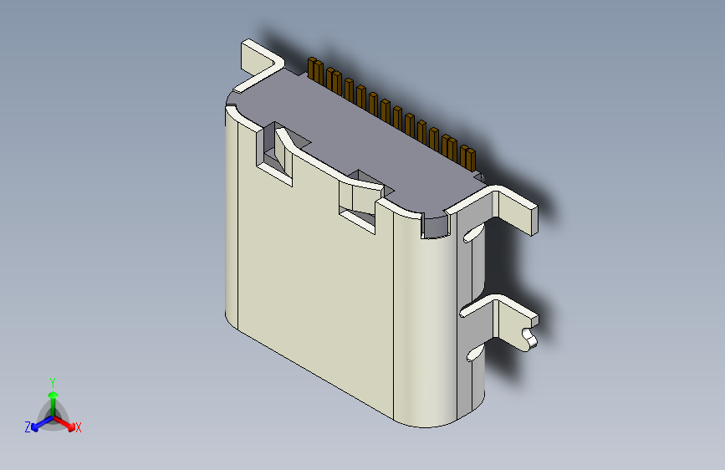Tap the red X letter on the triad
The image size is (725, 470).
pyautogui.click(x=79, y=427)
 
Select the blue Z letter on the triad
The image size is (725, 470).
pyautogui.click(x=28, y=427)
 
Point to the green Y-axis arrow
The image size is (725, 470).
pyautogui.click(x=53, y=398)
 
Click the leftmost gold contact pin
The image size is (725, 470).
pyautogui.click(x=315, y=71)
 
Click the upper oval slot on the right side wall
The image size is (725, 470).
pyautogui.click(x=472, y=234)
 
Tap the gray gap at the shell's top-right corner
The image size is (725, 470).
pyautogui.click(x=436, y=223)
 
